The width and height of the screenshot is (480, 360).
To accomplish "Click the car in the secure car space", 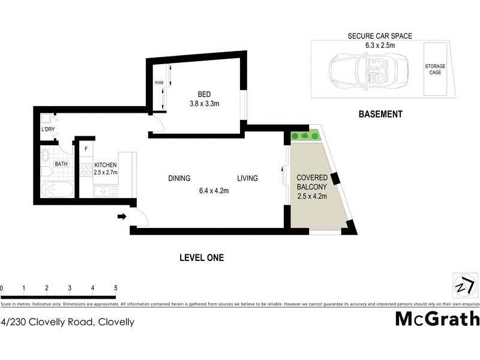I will pyautogui.click(x=366, y=71).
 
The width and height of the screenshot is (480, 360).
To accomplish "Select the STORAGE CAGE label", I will pyautogui.click(x=435, y=69).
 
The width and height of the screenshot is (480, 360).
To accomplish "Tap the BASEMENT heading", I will pyautogui.click(x=380, y=114).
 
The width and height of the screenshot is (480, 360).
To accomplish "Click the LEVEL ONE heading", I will pyautogui.click(x=202, y=258).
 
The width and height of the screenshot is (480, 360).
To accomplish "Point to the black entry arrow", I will pyautogui.click(x=122, y=216).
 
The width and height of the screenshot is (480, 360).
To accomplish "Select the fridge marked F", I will pyautogui.click(x=86, y=149).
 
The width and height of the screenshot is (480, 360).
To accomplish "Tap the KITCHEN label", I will pyautogui.click(x=105, y=165).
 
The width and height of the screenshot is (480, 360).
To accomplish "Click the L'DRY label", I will pyautogui.click(x=48, y=130).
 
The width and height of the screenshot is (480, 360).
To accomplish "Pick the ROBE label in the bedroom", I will pyautogui.click(x=159, y=83).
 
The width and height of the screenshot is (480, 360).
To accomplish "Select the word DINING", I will pyautogui.click(x=179, y=178).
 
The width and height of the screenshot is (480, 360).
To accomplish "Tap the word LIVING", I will pyautogui.click(x=247, y=178).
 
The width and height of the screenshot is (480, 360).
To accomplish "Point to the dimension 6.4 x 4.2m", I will pyautogui.click(x=214, y=191).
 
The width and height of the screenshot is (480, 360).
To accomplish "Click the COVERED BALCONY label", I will pyautogui.click(x=312, y=182).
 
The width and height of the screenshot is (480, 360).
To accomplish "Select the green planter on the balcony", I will pyautogui.click(x=305, y=137).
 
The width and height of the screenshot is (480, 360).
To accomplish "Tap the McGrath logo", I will pyautogui.click(x=437, y=319).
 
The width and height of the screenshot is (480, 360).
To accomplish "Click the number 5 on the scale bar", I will pyautogui.click(x=115, y=289).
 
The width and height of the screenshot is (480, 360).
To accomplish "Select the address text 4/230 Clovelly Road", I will pyautogui.click(x=48, y=322).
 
